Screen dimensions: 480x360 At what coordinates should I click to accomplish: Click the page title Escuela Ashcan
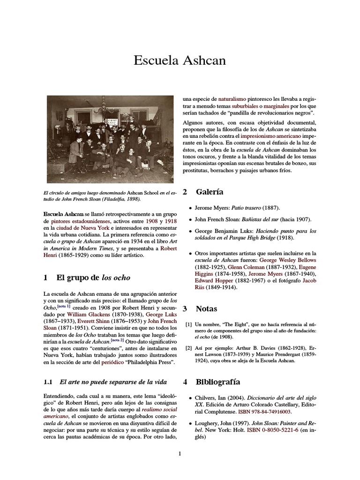click(180, 60)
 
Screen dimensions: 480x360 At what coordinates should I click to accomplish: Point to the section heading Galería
click(209, 192)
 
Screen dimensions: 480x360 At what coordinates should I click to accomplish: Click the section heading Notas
click(206, 308)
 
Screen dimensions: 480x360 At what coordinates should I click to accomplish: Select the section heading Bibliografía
click(217, 382)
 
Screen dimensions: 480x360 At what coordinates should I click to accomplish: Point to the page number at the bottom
click(180, 453)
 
